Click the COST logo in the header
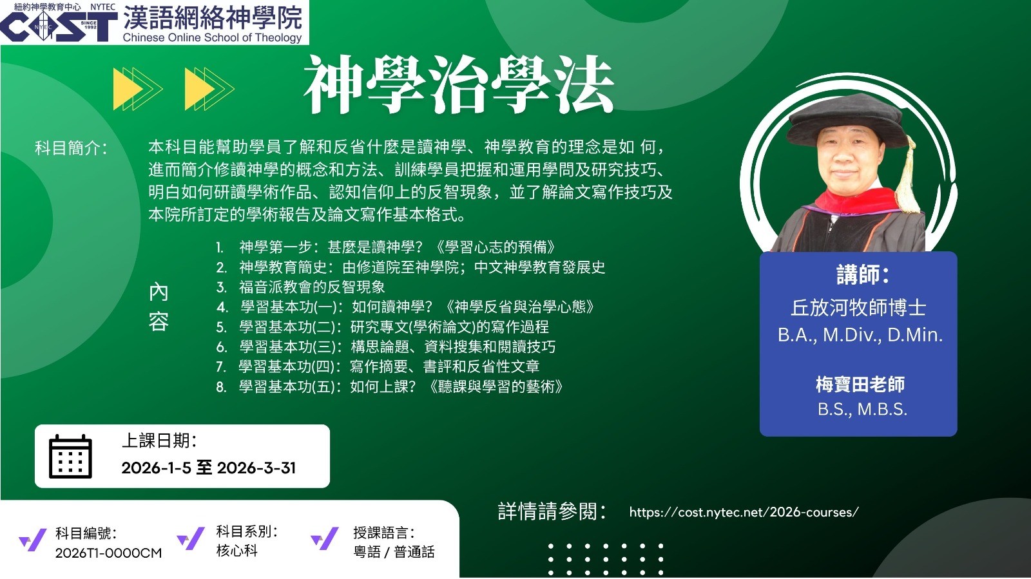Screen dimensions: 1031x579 point(59,26)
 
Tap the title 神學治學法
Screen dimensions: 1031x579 point(458,84)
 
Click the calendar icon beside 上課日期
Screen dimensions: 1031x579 point(70,456)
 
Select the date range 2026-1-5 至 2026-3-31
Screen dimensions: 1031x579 point(209,468)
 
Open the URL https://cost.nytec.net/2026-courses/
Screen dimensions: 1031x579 point(744,512)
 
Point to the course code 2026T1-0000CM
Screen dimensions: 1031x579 point(109,553)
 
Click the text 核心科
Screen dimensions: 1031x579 point(236,551)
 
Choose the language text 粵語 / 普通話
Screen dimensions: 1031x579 point(394,551)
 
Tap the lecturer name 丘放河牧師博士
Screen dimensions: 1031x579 point(858,308)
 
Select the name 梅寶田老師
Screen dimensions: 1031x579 point(860,384)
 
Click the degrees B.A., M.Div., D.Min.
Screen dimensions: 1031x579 point(860,335)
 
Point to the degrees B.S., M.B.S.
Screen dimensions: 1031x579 point(862,409)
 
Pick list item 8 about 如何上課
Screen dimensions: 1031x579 point(389,387)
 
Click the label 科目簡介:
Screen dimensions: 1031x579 point(71,148)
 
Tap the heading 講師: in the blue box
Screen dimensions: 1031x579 point(863,275)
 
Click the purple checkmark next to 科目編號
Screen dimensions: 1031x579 point(33,540)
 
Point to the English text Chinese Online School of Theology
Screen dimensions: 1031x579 point(212,37)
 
